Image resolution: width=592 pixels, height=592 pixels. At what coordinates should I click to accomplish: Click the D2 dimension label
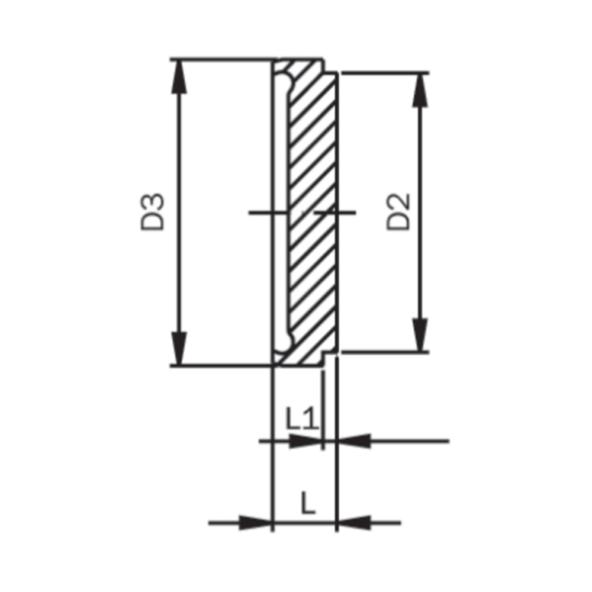pos(398,212)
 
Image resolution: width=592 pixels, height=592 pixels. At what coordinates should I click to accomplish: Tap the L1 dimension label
pos(303,420)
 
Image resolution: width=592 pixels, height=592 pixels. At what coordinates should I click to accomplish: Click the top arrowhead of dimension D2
pos(420,90)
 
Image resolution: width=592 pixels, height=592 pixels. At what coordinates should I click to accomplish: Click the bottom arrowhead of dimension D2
pos(420,335)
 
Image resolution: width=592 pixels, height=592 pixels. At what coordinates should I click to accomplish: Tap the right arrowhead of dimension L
pos(353,522)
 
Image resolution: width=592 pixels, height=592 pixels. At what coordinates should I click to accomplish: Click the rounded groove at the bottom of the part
pos(285,342)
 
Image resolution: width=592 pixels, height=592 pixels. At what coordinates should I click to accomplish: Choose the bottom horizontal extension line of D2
pos(385,352)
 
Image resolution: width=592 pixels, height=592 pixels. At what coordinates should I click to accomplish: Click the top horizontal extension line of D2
pos(385,72)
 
